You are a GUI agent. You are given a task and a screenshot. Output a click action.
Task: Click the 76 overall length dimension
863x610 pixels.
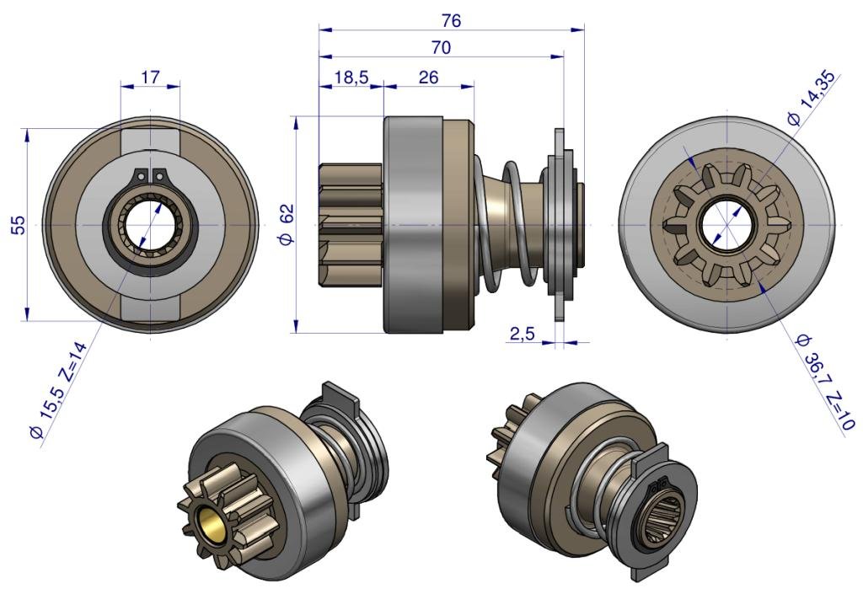click(x=451, y=20)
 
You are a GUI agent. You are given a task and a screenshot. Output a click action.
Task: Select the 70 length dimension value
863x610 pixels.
click(x=441, y=48)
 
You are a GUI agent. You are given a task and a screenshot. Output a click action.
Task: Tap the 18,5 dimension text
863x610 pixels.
click(x=351, y=78)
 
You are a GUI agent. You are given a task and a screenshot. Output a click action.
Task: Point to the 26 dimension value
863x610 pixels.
click(x=428, y=77)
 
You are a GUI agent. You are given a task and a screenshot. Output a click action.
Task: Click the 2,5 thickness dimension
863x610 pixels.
click(x=522, y=334)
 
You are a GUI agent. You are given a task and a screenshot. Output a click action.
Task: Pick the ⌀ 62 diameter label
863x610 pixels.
click(x=287, y=224)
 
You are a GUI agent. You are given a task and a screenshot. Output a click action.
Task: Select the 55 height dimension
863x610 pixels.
click(x=19, y=225)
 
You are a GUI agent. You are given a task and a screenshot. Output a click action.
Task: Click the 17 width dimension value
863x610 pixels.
click(x=150, y=77)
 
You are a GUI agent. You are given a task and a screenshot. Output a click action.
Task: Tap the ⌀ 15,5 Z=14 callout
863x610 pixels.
click(x=58, y=391)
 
